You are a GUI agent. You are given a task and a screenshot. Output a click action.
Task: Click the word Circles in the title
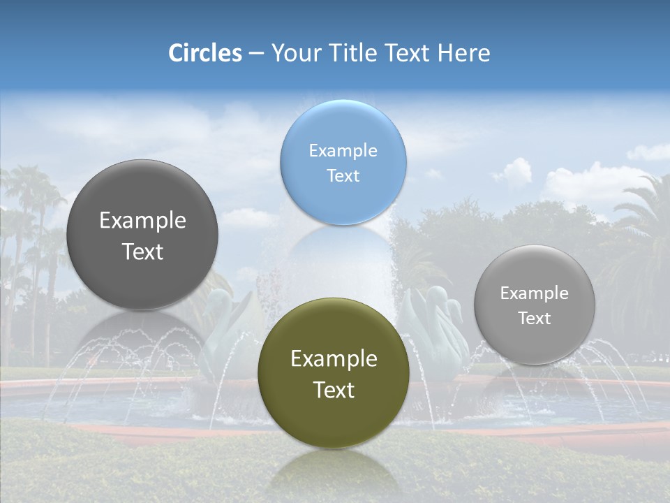click(204, 53)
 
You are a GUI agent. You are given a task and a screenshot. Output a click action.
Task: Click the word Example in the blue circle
click(343, 150)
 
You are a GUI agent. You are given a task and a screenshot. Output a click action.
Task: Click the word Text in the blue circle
click(343, 175)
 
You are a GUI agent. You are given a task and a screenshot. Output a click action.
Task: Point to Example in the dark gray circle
click(142, 220)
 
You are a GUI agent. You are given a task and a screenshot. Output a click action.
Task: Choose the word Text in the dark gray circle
click(142, 251)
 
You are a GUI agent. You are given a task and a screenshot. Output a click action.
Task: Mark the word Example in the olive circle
click(334, 358)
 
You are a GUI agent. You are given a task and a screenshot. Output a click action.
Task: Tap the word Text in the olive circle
click(334, 390)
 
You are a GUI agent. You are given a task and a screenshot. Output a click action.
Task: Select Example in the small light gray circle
click(535, 293)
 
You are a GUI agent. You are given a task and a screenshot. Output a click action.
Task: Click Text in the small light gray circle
click(535, 318)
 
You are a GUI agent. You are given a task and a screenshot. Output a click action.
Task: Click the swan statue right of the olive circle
click(436, 328)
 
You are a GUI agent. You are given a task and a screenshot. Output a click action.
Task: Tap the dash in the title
click(255, 53)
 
